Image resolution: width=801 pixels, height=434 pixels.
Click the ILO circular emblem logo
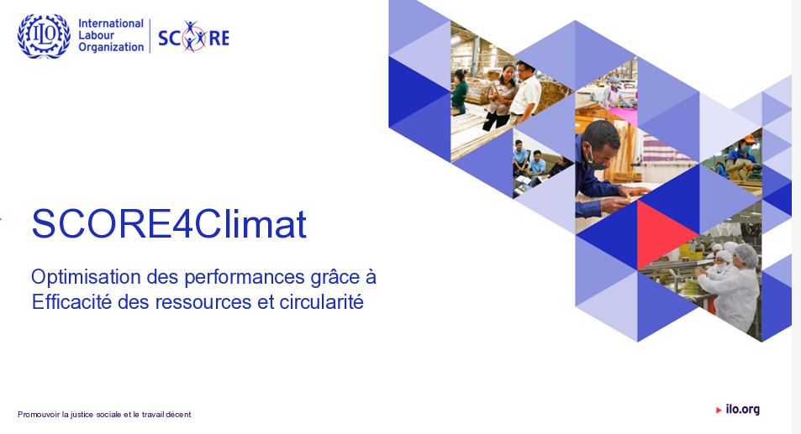tap(44, 36)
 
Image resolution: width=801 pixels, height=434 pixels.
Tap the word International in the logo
tap(111, 24)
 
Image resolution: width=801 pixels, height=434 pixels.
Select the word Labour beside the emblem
tap(96, 35)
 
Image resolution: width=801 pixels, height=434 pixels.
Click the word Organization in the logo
tap(111, 47)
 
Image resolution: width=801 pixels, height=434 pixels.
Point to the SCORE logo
tap(193, 37)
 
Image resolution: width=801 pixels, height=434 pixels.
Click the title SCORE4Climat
tap(169, 223)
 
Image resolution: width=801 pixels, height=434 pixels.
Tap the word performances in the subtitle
tap(245, 277)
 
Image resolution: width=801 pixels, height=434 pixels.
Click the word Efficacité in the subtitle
tap(71, 301)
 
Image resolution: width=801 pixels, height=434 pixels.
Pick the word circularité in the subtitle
tap(321, 301)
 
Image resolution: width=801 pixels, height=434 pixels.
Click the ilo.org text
tap(743, 409)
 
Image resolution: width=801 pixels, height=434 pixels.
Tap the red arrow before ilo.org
tap(719, 410)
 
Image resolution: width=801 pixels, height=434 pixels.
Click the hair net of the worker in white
tap(746, 254)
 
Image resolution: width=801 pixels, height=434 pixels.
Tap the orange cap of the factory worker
tap(748, 139)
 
